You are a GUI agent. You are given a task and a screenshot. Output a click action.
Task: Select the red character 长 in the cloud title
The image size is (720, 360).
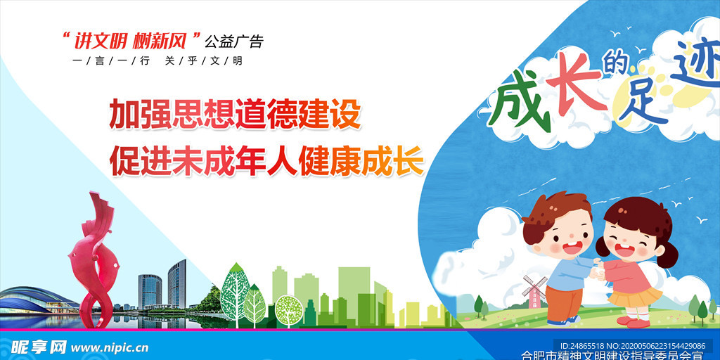pos(572,89)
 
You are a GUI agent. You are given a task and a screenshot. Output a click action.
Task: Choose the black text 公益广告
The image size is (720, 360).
pos(234,41)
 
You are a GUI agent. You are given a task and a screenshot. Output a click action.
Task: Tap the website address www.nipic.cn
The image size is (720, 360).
pos(110,347)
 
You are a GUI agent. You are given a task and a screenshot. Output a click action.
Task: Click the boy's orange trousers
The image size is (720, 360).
pos(562,303)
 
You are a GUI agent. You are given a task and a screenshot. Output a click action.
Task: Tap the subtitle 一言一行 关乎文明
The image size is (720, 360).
pos(157,61)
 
